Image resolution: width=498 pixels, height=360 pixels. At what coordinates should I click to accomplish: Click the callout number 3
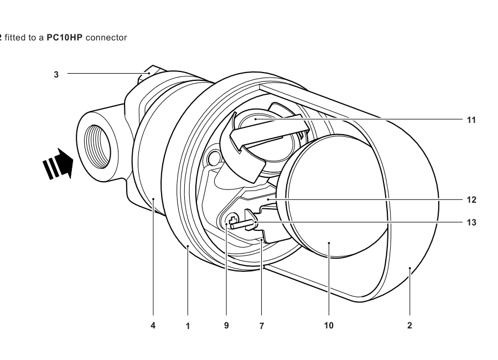point(56,74)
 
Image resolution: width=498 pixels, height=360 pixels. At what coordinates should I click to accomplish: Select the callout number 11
point(471,120)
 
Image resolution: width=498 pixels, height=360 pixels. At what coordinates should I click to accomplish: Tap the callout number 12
point(471,200)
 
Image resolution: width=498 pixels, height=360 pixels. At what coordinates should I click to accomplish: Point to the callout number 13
point(471,222)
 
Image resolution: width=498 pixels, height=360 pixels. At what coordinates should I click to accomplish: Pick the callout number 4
point(153,326)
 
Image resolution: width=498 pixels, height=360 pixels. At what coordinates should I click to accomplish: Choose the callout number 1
point(188,326)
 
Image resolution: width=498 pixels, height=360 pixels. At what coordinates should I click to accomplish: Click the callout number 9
point(226,326)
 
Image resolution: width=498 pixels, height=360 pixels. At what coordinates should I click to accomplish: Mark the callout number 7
point(261,326)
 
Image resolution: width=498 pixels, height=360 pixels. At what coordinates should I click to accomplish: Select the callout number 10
point(329,326)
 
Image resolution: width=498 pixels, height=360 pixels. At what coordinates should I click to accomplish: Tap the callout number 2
point(409,326)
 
